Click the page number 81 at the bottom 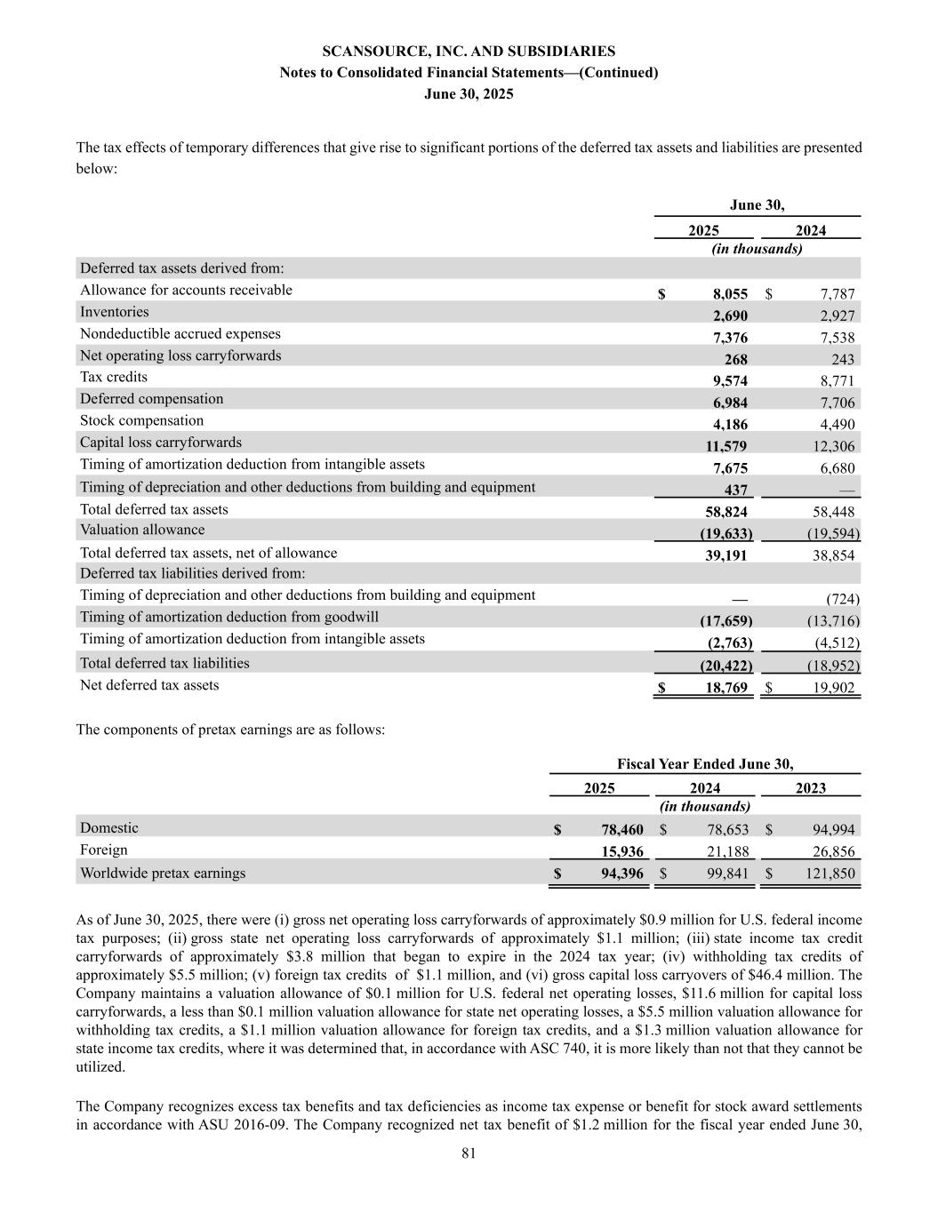pyautogui.click(x=469, y=1153)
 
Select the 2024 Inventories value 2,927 pyautogui.click(x=837, y=315)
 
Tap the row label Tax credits pyautogui.click(x=114, y=377)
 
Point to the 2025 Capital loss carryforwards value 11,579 pyautogui.click(x=726, y=446)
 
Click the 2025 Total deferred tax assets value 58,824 pyautogui.click(x=726, y=512)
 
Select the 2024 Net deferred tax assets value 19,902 pyautogui.click(x=833, y=687)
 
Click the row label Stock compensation pyautogui.click(x=141, y=420)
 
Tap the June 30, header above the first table pyautogui.click(x=757, y=205)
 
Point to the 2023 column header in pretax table pyautogui.click(x=810, y=788)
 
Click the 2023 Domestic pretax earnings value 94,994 pyautogui.click(x=833, y=829)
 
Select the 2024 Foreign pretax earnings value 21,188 pyautogui.click(x=727, y=852)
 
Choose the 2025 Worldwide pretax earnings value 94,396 pyautogui.click(x=621, y=874)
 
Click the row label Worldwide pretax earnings pyautogui.click(x=163, y=873)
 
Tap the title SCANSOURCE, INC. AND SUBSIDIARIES pyautogui.click(x=469, y=52)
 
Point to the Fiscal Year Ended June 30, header pyautogui.click(x=705, y=764)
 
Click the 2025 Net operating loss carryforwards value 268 pyautogui.click(x=735, y=359)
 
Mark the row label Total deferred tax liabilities pyautogui.click(x=164, y=663)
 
